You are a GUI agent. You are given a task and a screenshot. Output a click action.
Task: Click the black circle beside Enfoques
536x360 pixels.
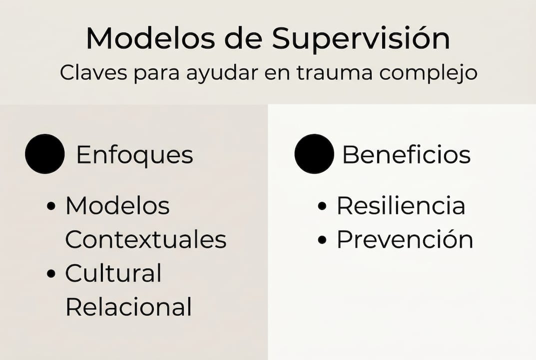45,154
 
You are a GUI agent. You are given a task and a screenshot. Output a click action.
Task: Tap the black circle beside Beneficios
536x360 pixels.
314,154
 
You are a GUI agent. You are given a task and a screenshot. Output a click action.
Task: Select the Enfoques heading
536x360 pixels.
134,155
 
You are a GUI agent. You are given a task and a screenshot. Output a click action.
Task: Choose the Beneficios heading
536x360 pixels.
406,155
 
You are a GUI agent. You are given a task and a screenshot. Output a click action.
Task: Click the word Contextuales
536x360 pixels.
145,240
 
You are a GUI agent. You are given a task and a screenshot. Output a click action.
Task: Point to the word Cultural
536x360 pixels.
113,273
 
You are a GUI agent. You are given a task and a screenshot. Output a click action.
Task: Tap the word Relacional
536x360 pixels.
128,307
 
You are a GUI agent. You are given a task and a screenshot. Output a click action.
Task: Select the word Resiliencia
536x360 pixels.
401,206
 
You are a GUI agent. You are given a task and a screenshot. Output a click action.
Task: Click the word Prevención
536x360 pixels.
405,240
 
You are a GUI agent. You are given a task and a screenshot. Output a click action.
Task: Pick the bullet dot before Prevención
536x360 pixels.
322,240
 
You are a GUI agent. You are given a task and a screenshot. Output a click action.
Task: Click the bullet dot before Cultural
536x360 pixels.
51,273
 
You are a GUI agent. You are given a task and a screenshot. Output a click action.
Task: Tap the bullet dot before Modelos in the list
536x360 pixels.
51,206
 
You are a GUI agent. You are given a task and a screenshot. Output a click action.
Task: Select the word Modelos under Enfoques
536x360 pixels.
117,206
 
